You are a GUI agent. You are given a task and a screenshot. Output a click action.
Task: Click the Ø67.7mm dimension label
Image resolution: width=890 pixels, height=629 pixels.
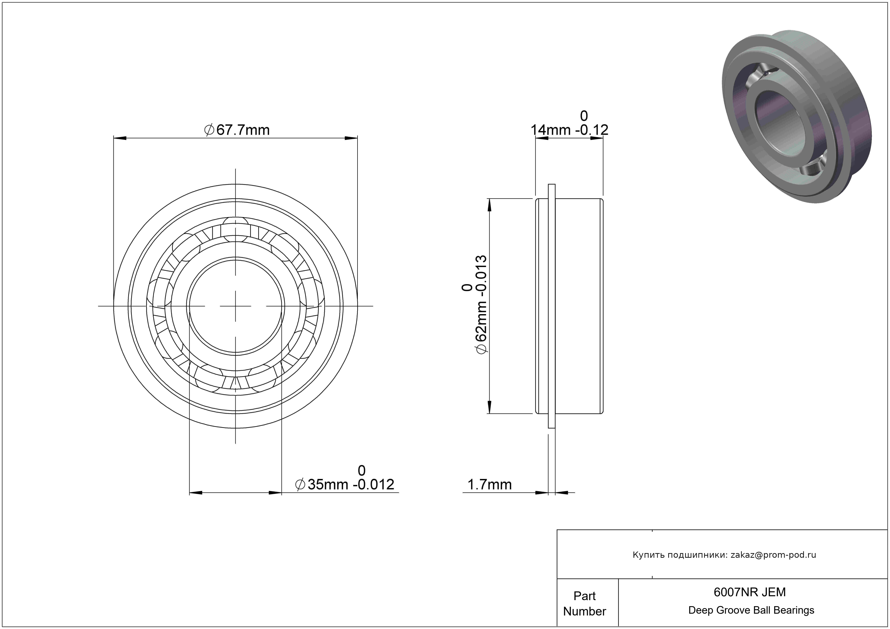[x=237, y=130]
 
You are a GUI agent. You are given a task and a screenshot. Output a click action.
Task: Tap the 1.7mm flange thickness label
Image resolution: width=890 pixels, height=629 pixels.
[x=490, y=484]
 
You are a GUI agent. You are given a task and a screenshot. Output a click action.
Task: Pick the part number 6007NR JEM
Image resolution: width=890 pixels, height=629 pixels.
[x=750, y=592]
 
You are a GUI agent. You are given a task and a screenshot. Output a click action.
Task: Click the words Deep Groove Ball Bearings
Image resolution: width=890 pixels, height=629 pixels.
[x=751, y=610]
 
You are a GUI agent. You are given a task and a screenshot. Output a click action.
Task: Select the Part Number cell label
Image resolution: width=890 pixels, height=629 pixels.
[x=584, y=604]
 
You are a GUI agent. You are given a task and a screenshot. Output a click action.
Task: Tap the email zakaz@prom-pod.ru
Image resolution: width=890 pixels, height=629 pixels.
[x=773, y=555]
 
